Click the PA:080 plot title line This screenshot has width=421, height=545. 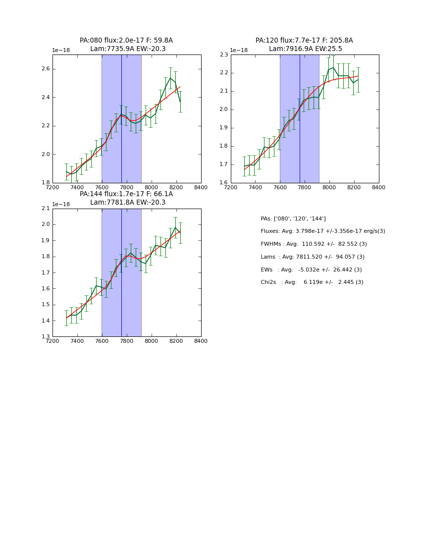coord(126,41)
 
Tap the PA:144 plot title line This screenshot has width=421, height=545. coord(126,194)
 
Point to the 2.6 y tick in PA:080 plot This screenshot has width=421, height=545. coord(46,69)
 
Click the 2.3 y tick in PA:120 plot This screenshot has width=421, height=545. coord(224,54)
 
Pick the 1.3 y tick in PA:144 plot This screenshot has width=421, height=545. coord(46,337)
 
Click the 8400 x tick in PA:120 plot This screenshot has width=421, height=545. coord(378,187)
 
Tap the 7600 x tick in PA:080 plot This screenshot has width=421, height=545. coord(102,187)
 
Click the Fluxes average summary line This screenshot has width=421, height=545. coord(322,231)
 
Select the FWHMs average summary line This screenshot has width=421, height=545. coord(314,244)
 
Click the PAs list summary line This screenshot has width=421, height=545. coord(293,219)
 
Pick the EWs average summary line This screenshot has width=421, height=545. coord(311,270)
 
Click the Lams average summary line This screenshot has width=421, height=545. coord(313,257)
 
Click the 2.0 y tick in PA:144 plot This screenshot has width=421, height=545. coord(46,224)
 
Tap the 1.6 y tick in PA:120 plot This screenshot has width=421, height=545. coord(224,183)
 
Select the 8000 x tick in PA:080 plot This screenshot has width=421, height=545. coord(151,187)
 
